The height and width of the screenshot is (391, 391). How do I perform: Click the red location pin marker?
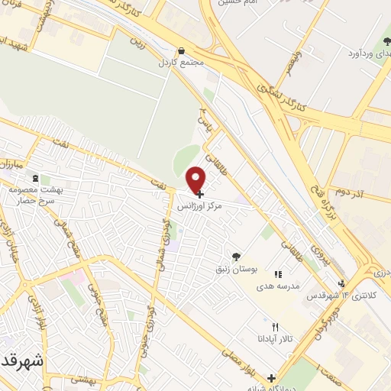point(196,179)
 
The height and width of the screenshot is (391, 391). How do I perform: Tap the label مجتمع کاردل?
point(180,62)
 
